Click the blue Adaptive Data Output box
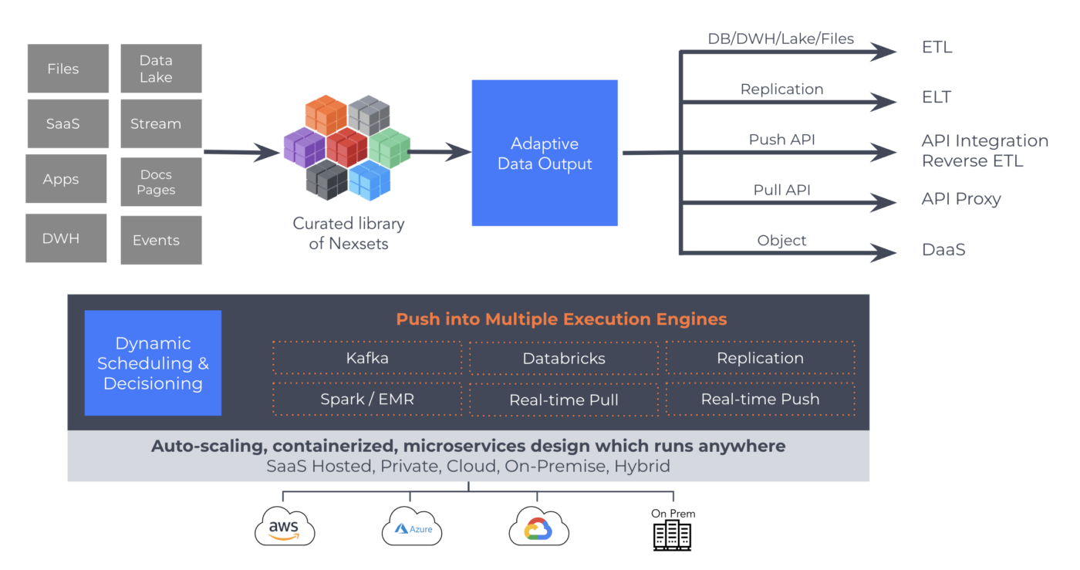(x=545, y=153)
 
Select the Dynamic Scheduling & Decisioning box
(x=153, y=363)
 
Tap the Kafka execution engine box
(x=367, y=358)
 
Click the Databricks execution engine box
(x=564, y=358)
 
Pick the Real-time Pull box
(x=564, y=400)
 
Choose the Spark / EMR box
(x=367, y=400)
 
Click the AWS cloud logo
(x=285, y=528)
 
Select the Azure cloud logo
(x=412, y=528)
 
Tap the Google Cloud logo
(x=538, y=528)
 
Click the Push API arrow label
(x=781, y=140)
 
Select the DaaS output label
(x=943, y=250)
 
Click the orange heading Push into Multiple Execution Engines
(x=561, y=319)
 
